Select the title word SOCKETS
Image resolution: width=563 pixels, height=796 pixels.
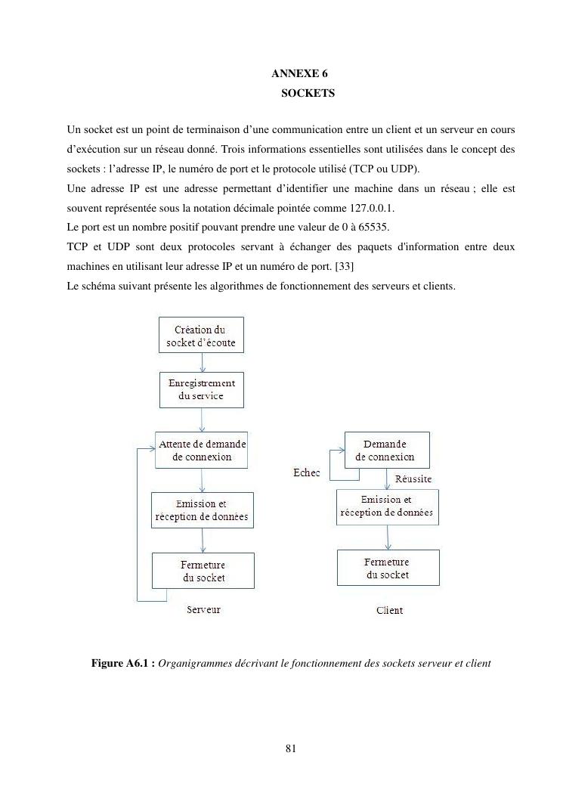pyautogui.click(x=308, y=94)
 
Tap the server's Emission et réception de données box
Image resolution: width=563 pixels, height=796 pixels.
pyautogui.click(x=201, y=510)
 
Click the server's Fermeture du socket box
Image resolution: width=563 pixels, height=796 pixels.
pyautogui.click(x=203, y=571)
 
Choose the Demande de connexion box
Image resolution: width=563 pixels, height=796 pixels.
pyautogui.click(x=386, y=451)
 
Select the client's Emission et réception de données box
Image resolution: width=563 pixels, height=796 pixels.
pyautogui.click(x=387, y=506)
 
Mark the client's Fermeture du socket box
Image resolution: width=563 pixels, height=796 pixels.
pyautogui.click(x=387, y=568)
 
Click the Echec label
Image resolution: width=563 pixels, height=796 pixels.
pyautogui.click(x=306, y=473)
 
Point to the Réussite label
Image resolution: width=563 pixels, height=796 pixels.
pyautogui.click(x=413, y=479)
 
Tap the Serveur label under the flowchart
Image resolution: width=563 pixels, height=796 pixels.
pyautogui.click(x=204, y=609)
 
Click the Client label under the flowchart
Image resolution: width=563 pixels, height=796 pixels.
pyautogui.click(x=389, y=610)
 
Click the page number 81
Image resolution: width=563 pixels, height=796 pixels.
pyautogui.click(x=290, y=748)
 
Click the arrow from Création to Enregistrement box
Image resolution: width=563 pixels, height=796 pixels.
pyautogui.click(x=202, y=363)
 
